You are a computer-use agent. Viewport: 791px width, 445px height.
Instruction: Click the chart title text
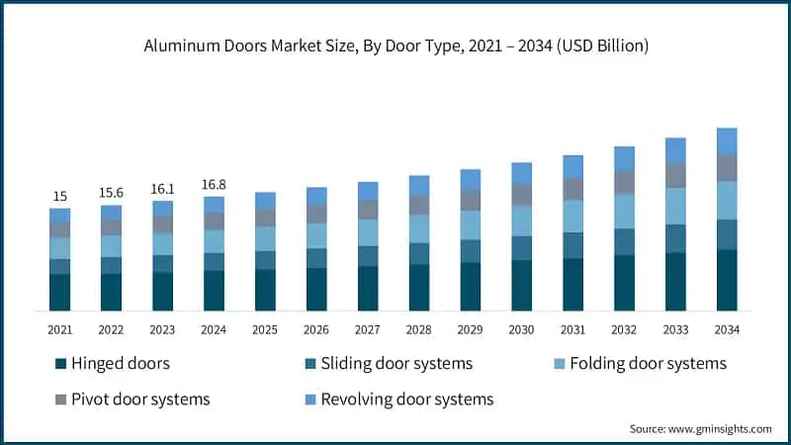point(395,46)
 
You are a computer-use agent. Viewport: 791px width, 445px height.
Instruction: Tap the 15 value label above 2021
point(59,196)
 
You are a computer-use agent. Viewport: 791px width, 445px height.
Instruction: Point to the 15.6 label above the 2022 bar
point(111,192)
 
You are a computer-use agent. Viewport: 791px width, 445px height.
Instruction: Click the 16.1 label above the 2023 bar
point(162,188)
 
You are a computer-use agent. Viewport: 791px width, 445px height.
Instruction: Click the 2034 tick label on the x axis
point(727,328)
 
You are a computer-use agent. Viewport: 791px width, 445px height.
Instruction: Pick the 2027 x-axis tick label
point(368,328)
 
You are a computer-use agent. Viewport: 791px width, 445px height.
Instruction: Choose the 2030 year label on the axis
point(521,328)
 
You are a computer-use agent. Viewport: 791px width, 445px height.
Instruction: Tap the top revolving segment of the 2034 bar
point(727,140)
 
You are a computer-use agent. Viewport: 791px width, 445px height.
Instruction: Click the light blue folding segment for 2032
point(624,211)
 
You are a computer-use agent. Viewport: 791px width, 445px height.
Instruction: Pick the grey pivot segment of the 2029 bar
point(471,200)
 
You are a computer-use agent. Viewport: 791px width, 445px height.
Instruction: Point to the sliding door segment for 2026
point(316,257)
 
